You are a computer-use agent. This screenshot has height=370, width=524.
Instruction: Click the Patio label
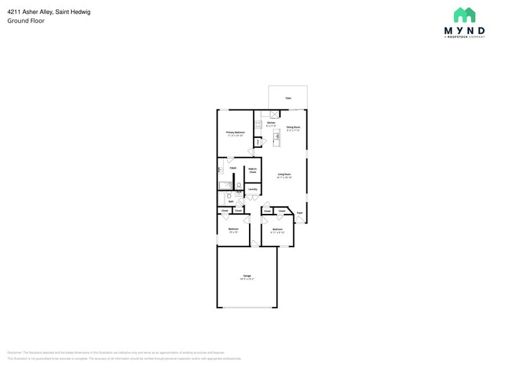click(x=288, y=98)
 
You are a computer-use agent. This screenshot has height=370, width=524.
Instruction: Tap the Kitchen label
click(x=271, y=123)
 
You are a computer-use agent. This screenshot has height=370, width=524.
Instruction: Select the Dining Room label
click(x=293, y=127)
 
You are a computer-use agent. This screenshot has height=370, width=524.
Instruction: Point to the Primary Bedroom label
click(x=235, y=132)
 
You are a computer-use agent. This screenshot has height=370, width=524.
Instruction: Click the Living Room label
click(x=284, y=174)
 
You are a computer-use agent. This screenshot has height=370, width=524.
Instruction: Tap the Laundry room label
click(x=252, y=189)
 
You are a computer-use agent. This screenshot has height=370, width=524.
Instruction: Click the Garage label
click(x=247, y=276)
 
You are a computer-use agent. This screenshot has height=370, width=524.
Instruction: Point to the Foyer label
click(x=300, y=213)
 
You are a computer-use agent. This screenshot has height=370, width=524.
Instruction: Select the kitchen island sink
click(x=277, y=136)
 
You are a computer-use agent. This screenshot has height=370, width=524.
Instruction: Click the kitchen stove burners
click(x=258, y=125)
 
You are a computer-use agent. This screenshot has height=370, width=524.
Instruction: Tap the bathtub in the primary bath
click(x=224, y=185)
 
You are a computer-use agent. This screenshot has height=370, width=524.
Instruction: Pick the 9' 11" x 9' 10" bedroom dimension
click(x=277, y=232)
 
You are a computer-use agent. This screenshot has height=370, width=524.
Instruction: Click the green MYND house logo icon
click(x=465, y=15)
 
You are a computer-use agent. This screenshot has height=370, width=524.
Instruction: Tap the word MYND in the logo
click(x=465, y=30)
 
